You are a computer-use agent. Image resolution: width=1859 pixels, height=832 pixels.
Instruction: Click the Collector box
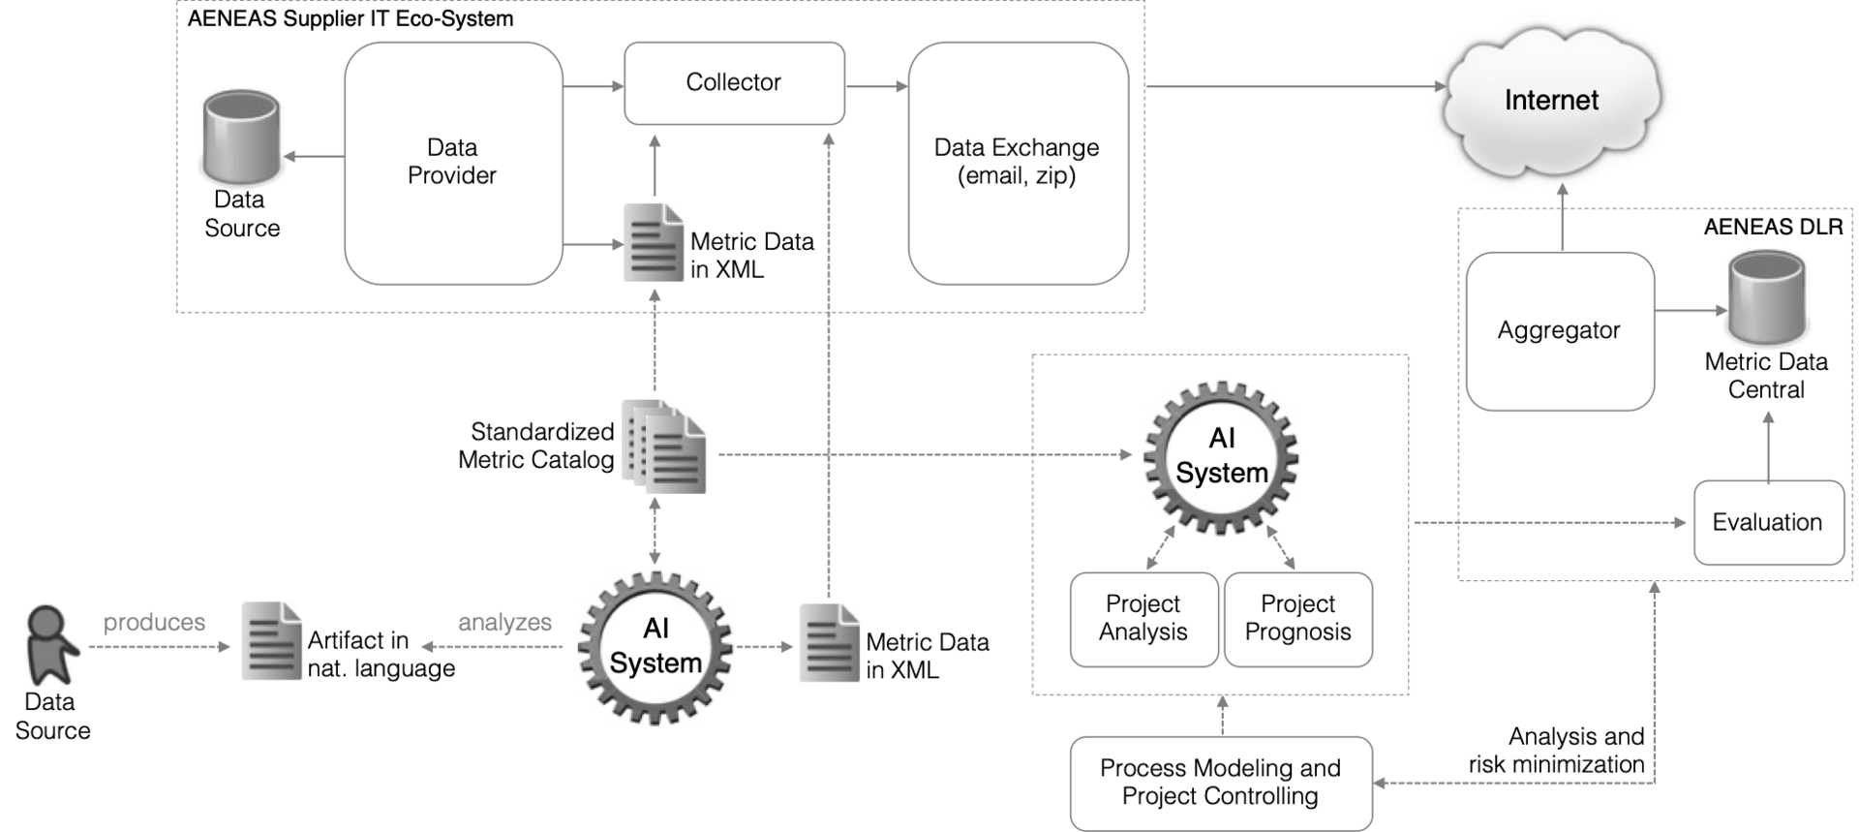(734, 83)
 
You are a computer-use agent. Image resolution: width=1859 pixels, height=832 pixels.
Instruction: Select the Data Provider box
(453, 163)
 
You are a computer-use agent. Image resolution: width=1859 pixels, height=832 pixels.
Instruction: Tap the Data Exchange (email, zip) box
(1018, 163)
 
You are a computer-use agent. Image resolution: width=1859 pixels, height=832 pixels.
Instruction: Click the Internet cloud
(1551, 100)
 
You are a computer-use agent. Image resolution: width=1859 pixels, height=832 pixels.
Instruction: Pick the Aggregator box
(1559, 331)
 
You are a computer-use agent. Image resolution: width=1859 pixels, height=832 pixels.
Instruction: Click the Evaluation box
(1768, 523)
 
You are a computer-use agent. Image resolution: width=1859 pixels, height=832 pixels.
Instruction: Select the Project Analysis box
(1143, 619)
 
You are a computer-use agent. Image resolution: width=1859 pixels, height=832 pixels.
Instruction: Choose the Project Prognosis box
(1298, 619)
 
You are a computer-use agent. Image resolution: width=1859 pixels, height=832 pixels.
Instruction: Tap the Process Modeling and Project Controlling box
(1221, 783)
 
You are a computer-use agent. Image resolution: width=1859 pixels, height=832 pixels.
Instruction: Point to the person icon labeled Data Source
(48, 644)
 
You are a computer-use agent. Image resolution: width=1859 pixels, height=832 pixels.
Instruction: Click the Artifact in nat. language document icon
(271, 641)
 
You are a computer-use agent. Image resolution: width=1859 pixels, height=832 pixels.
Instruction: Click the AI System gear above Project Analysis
(1221, 457)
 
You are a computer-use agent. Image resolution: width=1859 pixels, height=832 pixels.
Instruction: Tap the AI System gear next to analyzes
(655, 647)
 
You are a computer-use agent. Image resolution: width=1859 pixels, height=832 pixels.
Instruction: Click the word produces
(155, 623)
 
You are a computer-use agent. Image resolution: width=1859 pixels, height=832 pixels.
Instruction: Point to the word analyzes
(504, 623)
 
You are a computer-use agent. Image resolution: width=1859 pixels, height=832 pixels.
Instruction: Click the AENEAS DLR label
(1773, 227)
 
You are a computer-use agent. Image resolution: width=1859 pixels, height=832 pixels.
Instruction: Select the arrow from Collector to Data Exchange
(876, 86)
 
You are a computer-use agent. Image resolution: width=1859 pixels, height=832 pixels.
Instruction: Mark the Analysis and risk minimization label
(1557, 751)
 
